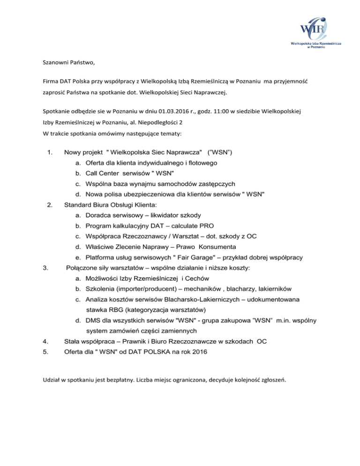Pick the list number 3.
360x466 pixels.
[45, 268]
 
